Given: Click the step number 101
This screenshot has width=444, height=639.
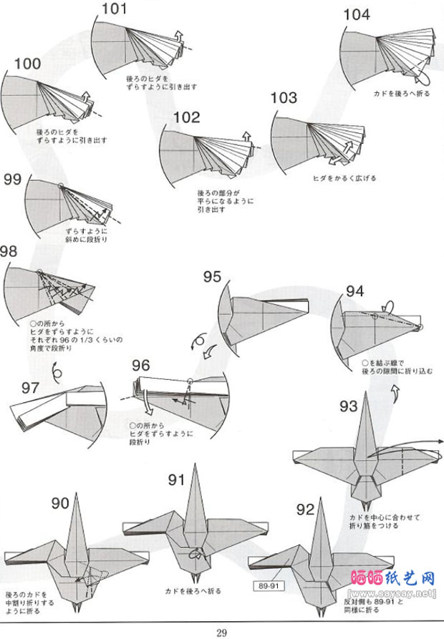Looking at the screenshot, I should point(114,9).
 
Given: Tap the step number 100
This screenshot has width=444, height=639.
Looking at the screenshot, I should point(26,64).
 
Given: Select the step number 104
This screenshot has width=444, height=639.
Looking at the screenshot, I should point(357,15).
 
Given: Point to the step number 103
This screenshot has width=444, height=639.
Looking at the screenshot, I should point(284,98).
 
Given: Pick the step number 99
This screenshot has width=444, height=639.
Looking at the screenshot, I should point(12,180).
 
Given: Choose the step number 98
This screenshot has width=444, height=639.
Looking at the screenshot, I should point(9,252).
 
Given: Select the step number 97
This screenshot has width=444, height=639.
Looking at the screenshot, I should point(30,387).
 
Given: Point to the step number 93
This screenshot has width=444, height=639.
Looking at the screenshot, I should point(349,406).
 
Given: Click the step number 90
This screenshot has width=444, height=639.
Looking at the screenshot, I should point(61,504).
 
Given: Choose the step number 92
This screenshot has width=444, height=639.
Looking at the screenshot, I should point(305,509).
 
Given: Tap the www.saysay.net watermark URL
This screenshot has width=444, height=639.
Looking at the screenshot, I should point(392,593).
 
